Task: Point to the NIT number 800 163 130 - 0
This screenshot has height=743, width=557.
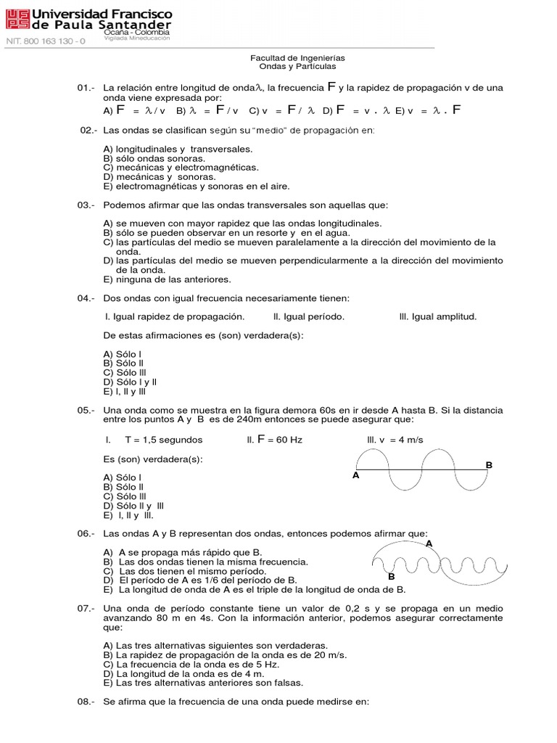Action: (x=46, y=41)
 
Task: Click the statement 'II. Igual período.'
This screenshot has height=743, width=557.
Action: (x=309, y=316)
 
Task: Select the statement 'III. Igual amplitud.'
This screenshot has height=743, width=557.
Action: (x=438, y=316)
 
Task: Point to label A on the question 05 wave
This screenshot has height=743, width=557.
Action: (x=355, y=476)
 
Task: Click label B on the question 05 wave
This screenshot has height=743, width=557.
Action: (x=489, y=464)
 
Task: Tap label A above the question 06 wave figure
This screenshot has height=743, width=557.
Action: (x=429, y=543)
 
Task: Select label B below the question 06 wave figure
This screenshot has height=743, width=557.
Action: (x=391, y=576)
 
